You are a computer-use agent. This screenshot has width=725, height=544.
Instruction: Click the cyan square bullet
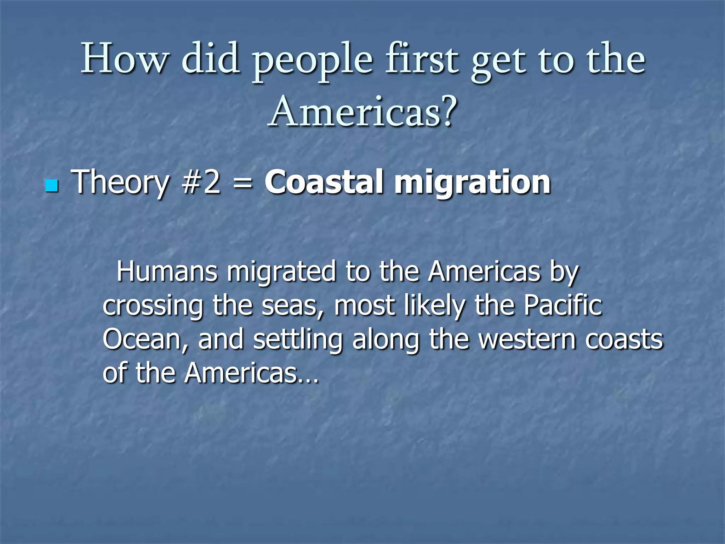pos(52,186)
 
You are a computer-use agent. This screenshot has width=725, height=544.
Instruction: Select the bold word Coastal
pos(325,182)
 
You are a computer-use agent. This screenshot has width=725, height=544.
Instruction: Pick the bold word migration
pos(472,183)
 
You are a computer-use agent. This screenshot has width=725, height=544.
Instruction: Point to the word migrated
pos(281,272)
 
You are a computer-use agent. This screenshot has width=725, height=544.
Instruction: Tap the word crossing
pos(153,306)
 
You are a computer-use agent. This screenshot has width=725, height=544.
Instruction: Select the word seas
pos(291,306)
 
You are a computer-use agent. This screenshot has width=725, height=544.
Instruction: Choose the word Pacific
pos(563,305)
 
